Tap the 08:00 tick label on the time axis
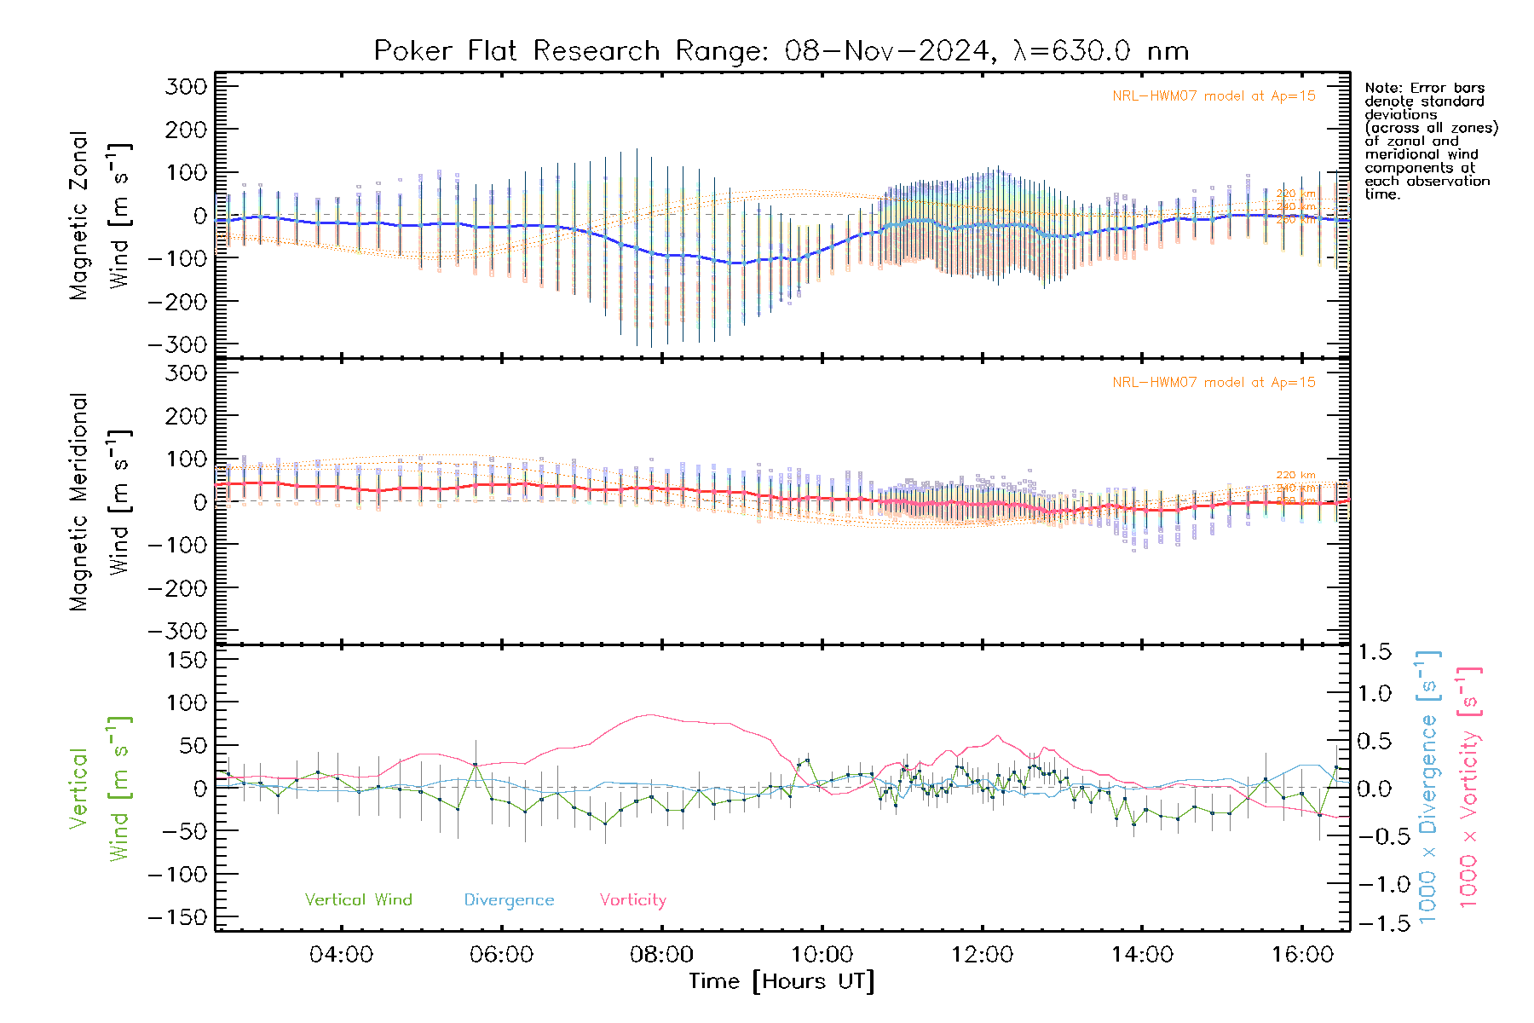pos(661,955)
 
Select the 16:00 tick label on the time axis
pos(1302,955)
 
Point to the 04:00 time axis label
pos(341,955)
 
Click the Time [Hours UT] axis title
pos(781,982)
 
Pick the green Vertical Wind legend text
pos(358,900)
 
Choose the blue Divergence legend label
pos(509,900)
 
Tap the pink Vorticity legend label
pos(632,900)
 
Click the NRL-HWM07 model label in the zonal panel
pos(1214,96)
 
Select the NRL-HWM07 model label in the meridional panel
pos(1214,383)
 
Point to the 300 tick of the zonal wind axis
pos(187,86)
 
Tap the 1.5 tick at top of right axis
pos(1375,652)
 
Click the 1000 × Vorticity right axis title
pos(1468,789)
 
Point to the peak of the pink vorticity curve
pos(651,714)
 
